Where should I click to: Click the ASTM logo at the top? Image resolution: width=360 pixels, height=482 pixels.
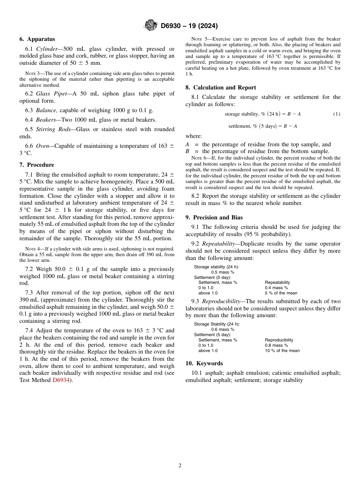(x=150, y=26)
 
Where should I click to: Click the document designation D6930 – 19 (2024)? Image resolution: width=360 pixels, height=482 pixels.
(x=189, y=26)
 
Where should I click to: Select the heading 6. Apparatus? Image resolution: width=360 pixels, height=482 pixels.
(x=37, y=39)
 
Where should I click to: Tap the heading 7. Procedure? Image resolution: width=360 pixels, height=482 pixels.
(x=37, y=165)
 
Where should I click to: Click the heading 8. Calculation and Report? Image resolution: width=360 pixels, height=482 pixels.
(x=221, y=88)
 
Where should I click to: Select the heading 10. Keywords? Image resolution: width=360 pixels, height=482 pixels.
(x=204, y=363)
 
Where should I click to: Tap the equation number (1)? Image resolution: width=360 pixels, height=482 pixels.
(x=337, y=114)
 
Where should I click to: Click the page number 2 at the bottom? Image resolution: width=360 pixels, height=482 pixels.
(x=180, y=466)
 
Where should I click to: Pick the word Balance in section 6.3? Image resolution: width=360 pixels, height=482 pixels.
(x=46, y=110)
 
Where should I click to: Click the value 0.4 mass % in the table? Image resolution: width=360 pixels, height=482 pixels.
(x=276, y=288)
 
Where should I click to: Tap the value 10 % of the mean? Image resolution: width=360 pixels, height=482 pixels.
(x=282, y=351)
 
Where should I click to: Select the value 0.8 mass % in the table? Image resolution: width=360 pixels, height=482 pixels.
(x=276, y=345)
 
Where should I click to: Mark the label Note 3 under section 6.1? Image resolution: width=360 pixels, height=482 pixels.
(x=30, y=74)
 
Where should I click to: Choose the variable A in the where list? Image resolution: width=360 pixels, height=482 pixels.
(x=187, y=144)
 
